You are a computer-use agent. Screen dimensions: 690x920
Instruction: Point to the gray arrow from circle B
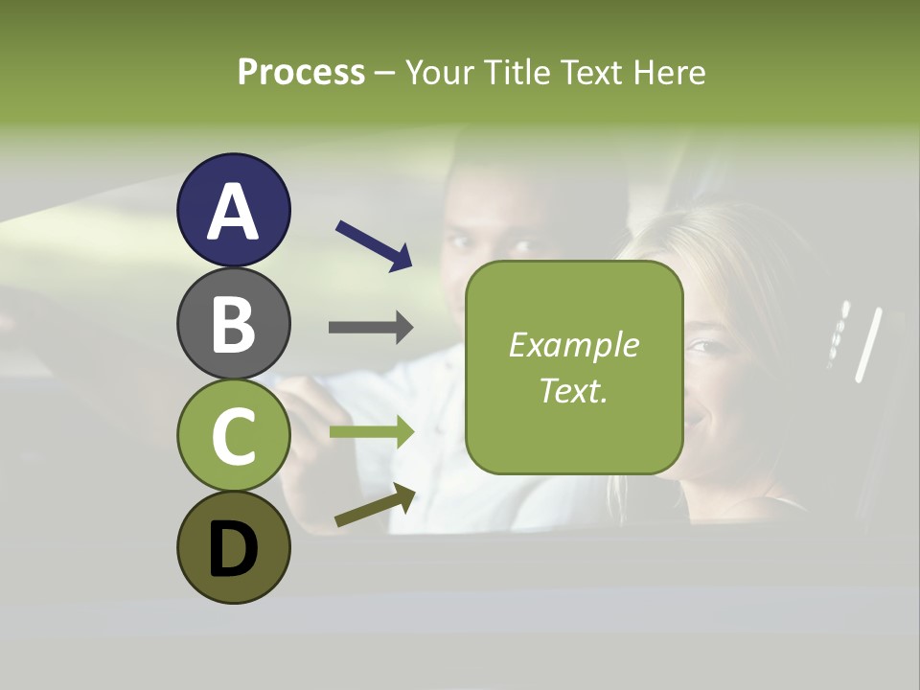click(371, 327)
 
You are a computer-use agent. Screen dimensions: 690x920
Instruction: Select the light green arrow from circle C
click(371, 432)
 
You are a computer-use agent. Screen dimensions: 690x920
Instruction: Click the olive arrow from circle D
click(375, 505)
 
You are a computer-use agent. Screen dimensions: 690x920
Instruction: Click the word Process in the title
click(301, 72)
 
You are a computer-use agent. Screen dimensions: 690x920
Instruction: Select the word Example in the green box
click(574, 345)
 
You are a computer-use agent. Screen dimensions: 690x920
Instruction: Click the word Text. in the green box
click(574, 390)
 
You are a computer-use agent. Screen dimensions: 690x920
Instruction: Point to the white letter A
click(234, 213)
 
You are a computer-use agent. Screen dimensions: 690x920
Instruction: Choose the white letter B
click(234, 325)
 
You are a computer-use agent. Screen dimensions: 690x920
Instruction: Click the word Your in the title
click(442, 72)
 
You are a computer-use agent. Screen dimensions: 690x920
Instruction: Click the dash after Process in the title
click(385, 73)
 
